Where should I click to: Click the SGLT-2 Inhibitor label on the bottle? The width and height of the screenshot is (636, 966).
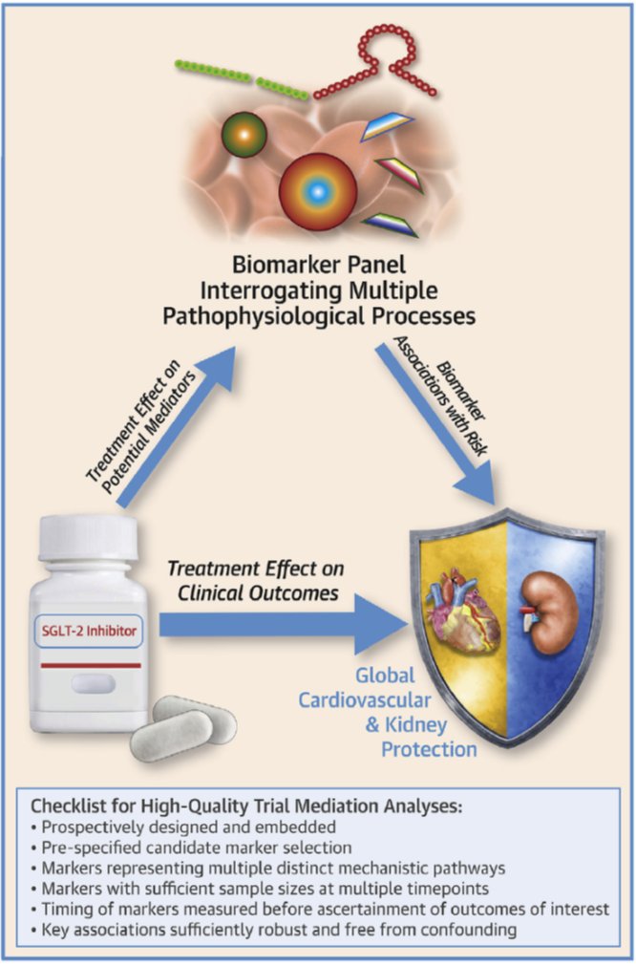[x=88, y=632]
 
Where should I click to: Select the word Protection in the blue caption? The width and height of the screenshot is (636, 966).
[x=429, y=750]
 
